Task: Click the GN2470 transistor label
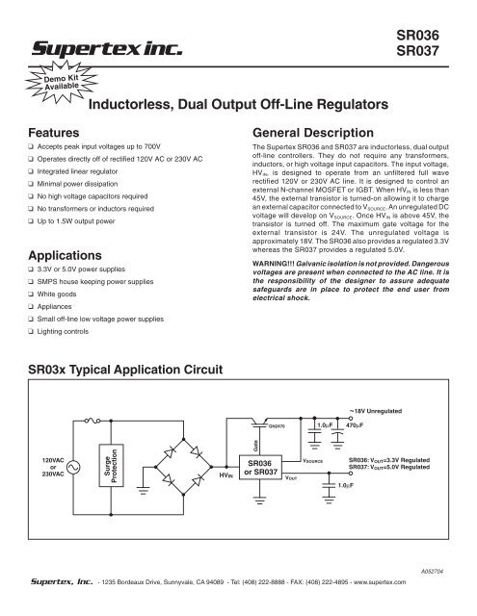pyautogui.click(x=275, y=423)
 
